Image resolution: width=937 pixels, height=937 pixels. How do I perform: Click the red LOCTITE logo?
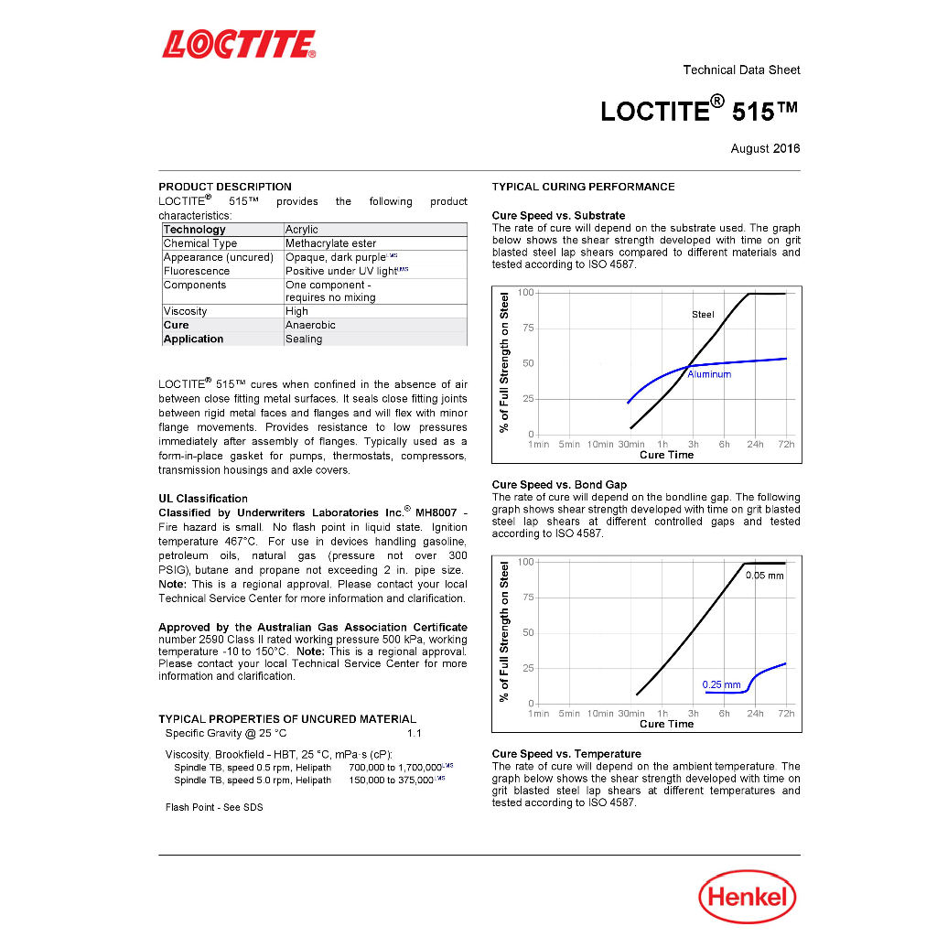click(239, 44)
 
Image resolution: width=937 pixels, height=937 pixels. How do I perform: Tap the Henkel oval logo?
click(747, 897)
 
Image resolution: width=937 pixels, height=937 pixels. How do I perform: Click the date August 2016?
click(765, 148)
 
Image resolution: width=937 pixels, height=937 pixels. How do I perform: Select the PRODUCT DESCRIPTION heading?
click(225, 187)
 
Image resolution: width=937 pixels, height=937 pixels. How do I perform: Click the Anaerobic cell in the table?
click(310, 325)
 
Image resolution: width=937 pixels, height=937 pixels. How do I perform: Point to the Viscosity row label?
click(185, 311)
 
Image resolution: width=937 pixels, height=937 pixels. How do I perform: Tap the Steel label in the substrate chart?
click(703, 314)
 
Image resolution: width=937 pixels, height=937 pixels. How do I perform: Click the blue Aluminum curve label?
click(709, 374)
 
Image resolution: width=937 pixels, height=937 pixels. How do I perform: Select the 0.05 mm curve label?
click(764, 576)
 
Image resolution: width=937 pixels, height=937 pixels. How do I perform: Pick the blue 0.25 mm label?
click(721, 684)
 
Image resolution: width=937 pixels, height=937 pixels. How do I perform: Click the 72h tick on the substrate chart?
click(786, 444)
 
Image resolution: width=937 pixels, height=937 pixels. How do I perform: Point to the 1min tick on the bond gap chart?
click(539, 714)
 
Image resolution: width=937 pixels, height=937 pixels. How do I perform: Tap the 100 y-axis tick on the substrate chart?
click(526, 292)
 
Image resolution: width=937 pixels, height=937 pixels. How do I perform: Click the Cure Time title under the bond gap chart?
click(666, 724)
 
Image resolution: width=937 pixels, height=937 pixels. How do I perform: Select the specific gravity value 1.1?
click(415, 733)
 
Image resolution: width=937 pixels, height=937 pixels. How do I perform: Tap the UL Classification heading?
click(203, 499)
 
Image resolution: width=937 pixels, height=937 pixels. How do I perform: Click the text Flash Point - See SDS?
click(214, 807)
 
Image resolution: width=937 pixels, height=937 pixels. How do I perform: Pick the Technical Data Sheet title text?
click(741, 70)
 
